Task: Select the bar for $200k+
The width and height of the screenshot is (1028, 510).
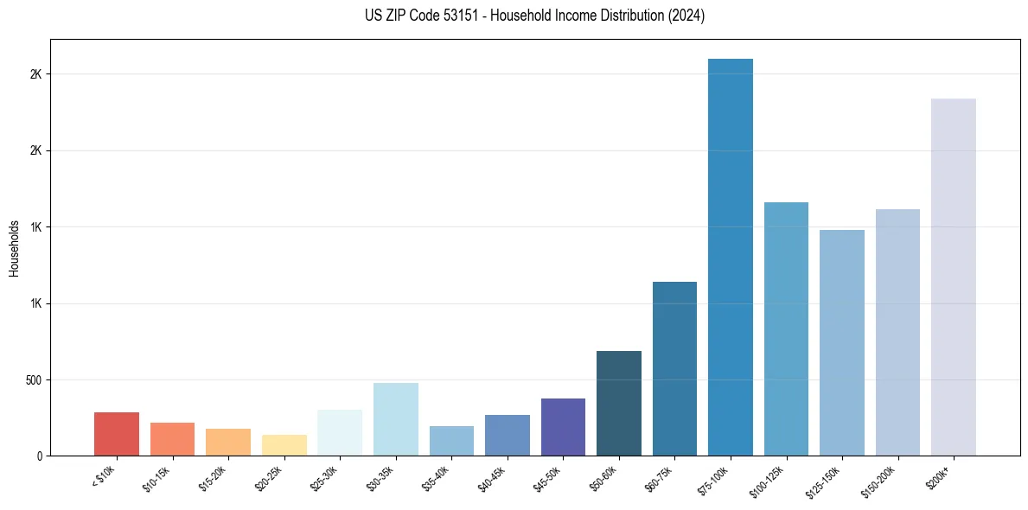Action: [x=954, y=277]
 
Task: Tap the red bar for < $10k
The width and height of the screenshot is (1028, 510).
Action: [x=117, y=434]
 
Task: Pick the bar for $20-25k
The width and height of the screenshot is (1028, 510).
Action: [x=284, y=445]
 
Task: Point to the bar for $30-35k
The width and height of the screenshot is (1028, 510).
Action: [x=396, y=419]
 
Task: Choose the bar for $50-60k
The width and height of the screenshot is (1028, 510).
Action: [x=619, y=403]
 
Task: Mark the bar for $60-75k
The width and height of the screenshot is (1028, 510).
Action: [x=674, y=368]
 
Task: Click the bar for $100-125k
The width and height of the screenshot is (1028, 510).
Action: [x=786, y=328]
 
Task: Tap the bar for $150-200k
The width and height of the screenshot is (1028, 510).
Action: [x=897, y=332]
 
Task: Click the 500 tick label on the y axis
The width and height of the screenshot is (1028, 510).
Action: [x=34, y=380]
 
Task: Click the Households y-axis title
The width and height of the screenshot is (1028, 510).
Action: [x=14, y=248]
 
